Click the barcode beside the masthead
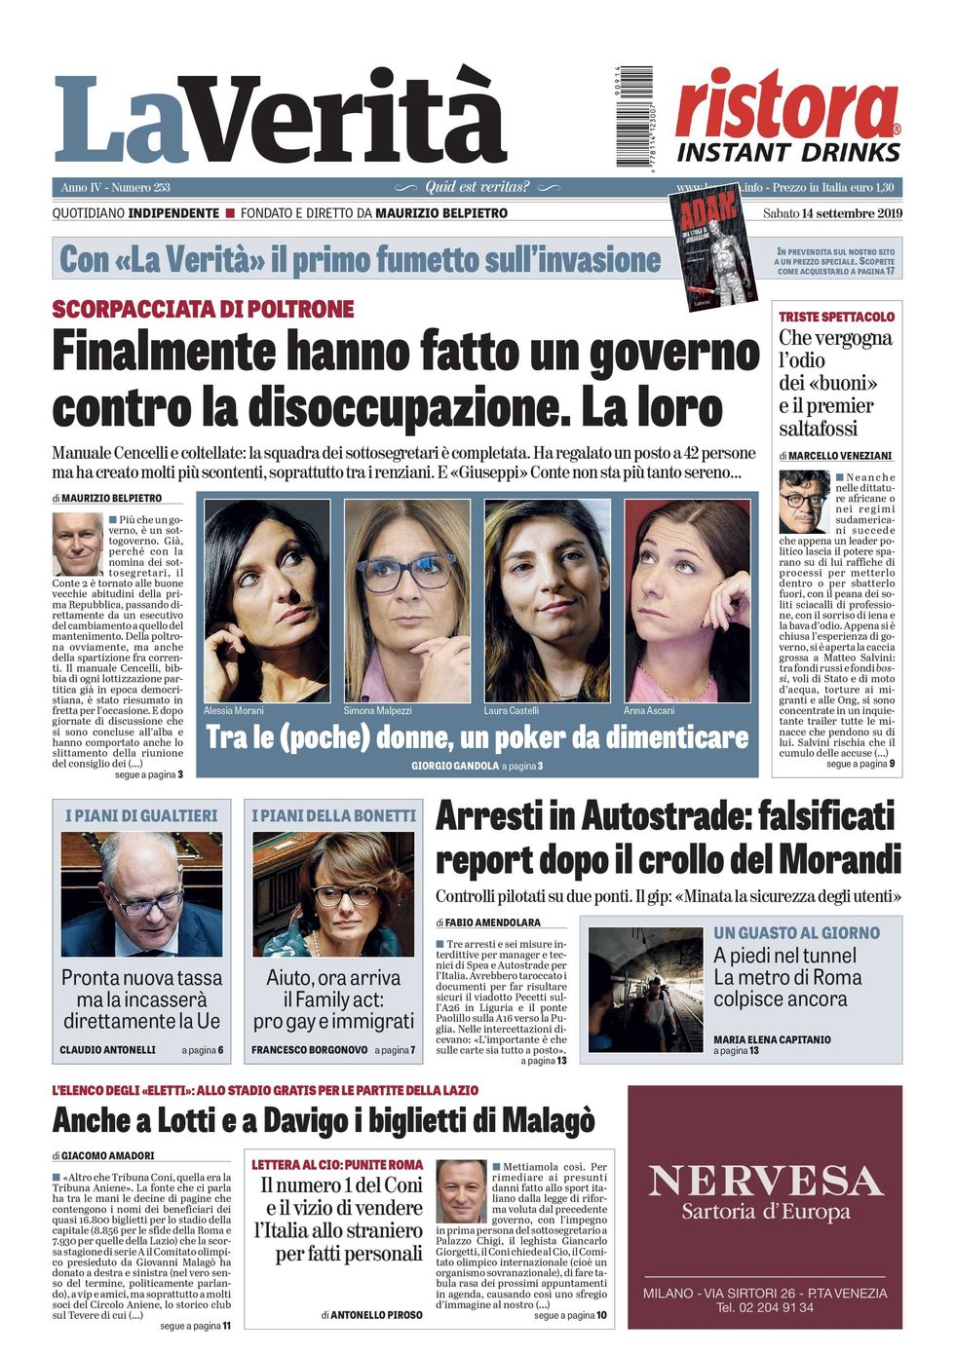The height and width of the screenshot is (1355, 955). click(x=634, y=115)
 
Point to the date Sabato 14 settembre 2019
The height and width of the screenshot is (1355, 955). click(x=832, y=213)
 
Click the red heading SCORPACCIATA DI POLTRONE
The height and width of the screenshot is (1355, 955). click(x=203, y=310)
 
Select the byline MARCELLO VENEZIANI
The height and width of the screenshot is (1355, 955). click(x=840, y=456)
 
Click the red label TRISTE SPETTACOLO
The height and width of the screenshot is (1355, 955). click(x=836, y=317)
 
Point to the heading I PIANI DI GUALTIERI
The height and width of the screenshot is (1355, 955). click(x=141, y=815)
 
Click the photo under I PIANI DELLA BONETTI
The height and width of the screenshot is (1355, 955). click(x=333, y=893)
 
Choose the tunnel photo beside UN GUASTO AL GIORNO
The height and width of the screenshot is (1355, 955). click(x=645, y=990)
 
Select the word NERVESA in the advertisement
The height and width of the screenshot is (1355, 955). click(x=765, y=1181)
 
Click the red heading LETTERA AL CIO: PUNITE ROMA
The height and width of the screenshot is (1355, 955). click(x=337, y=1164)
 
